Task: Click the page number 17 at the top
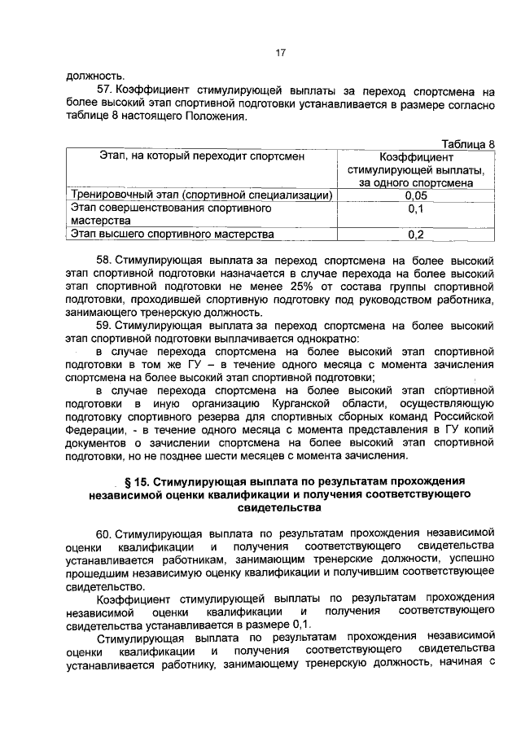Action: tap(279, 54)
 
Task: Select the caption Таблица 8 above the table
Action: tap(466, 143)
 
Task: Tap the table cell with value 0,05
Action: tap(415, 196)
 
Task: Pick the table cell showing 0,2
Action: tap(415, 235)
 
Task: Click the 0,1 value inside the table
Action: tap(415, 209)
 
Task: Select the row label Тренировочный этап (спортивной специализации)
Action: tap(201, 196)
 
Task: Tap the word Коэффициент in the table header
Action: tap(416, 157)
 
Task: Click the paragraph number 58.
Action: tap(104, 260)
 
